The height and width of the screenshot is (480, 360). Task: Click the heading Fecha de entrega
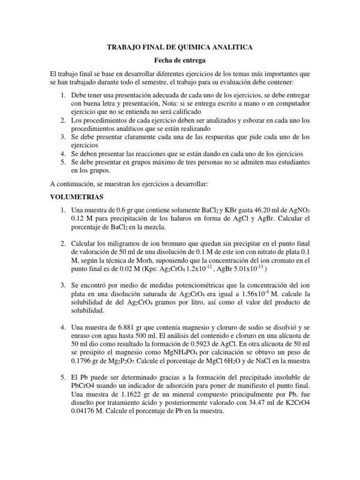point(180,60)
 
